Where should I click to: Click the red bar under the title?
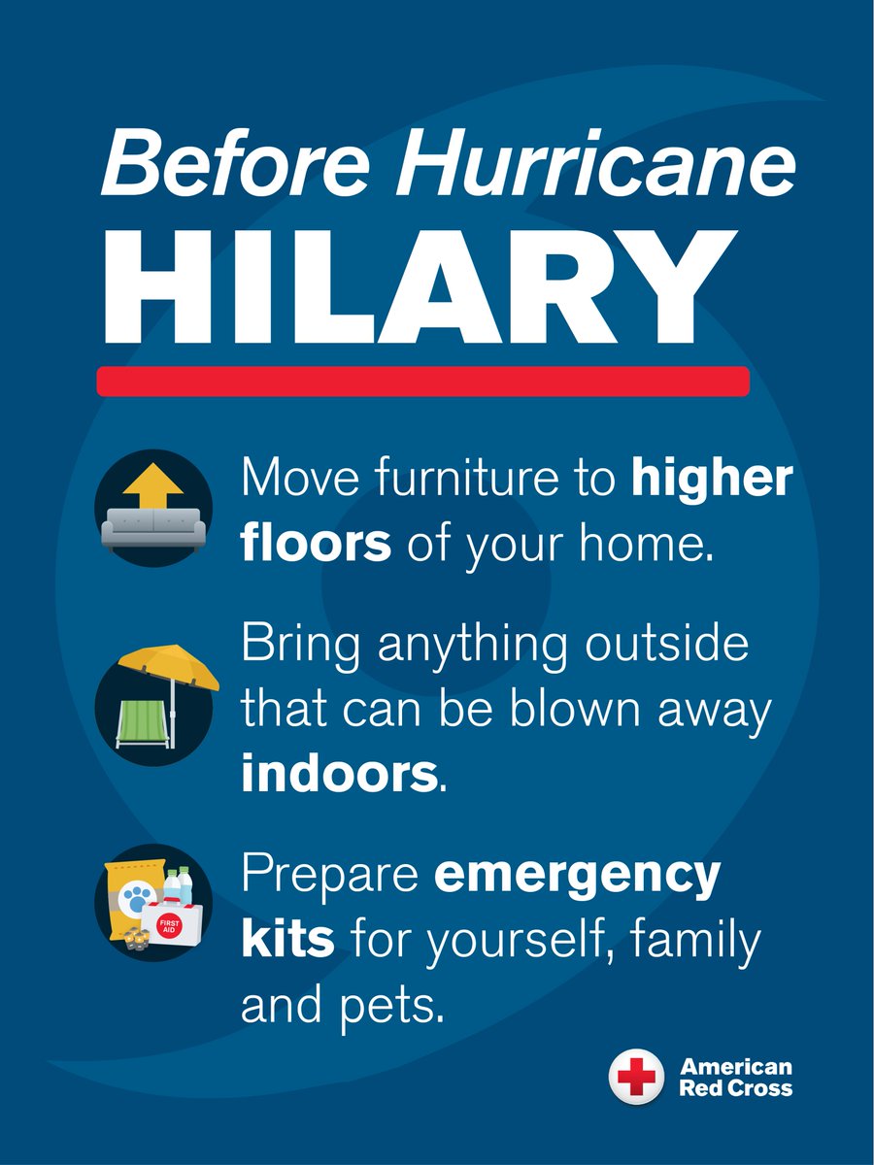pyautogui.click(x=422, y=381)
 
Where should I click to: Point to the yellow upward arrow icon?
pyautogui.click(x=154, y=484)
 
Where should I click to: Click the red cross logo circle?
pyautogui.click(x=636, y=1077)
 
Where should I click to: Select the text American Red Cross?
pyautogui.click(x=735, y=1077)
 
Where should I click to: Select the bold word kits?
pyautogui.click(x=287, y=940)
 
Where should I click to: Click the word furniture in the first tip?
pyautogui.click(x=457, y=481)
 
